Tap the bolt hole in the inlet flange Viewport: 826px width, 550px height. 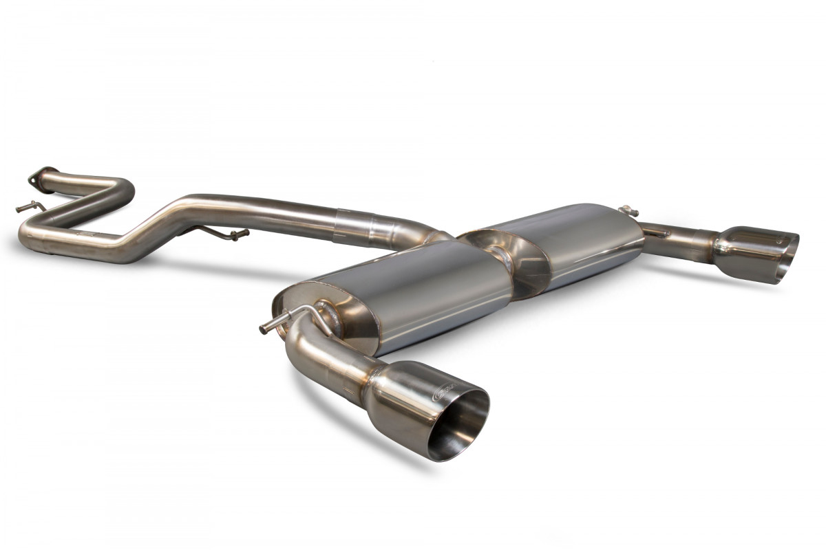(x=32, y=181)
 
